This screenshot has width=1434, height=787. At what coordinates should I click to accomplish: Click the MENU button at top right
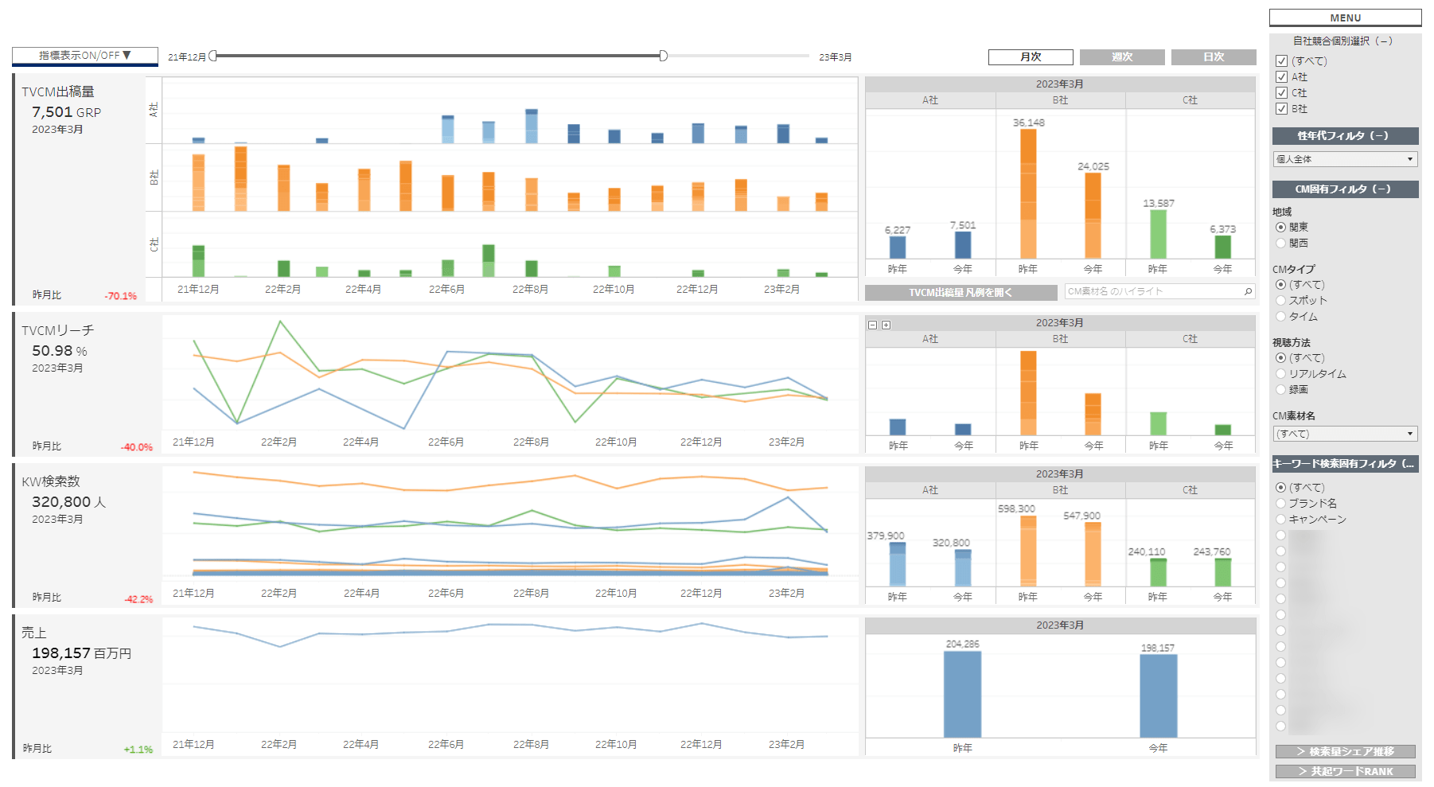1345,18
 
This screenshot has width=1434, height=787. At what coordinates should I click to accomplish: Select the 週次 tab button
1122,57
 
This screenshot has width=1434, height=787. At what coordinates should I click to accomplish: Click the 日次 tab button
1214,57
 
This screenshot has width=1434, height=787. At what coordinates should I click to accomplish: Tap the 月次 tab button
1031,57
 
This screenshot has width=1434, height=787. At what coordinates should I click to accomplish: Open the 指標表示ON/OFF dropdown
84,56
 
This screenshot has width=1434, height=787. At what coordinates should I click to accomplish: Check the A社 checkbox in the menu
1281,77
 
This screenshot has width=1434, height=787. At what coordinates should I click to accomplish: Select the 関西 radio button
1281,244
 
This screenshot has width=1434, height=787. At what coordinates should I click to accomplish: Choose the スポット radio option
1281,301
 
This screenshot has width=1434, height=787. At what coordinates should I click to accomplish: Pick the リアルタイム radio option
1281,374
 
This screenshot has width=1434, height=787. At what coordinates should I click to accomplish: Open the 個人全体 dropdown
1345,159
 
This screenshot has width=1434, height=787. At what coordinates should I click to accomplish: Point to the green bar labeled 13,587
1158,234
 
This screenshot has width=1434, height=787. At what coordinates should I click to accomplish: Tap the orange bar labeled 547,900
1093,554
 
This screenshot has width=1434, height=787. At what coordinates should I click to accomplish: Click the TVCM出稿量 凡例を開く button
961,293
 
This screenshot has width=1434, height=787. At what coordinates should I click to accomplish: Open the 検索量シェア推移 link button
1345,751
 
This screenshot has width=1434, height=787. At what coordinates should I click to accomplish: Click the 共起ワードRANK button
1345,771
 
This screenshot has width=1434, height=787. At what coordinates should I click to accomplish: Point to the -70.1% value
120,296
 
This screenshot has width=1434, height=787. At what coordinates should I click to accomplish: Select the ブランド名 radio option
1281,504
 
